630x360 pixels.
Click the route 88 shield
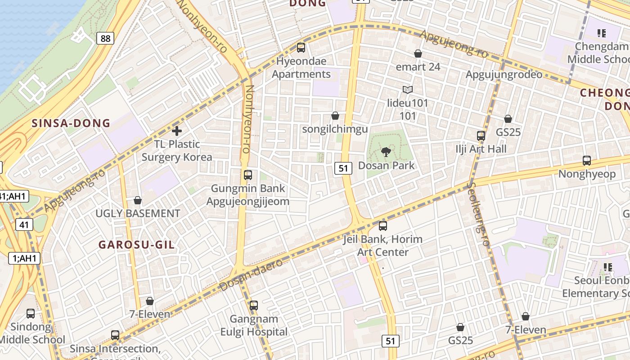pos(105,38)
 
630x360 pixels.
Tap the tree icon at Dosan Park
pos(386,152)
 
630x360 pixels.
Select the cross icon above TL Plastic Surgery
pos(177,131)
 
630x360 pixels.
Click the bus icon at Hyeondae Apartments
pos(301,47)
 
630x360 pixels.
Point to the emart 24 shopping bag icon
pos(418,54)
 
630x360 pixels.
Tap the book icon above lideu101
pos(408,90)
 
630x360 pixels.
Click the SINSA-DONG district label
pos(71,123)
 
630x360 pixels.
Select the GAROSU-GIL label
pos(136,245)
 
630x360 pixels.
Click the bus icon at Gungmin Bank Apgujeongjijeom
pos(248,175)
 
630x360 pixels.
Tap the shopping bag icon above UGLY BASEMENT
pos(138,200)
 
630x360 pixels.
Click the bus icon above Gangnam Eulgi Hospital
pos(254,306)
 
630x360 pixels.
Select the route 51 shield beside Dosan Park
pos(343,168)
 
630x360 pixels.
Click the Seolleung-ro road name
pos(478,213)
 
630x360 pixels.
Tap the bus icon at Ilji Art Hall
pos(481,135)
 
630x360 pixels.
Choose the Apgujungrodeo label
pos(504,75)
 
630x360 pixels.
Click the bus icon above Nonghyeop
pos(587,161)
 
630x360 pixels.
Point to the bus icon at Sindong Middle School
pos(31,314)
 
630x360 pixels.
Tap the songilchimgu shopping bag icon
pos(335,116)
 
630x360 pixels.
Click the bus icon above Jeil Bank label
pos(383,226)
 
